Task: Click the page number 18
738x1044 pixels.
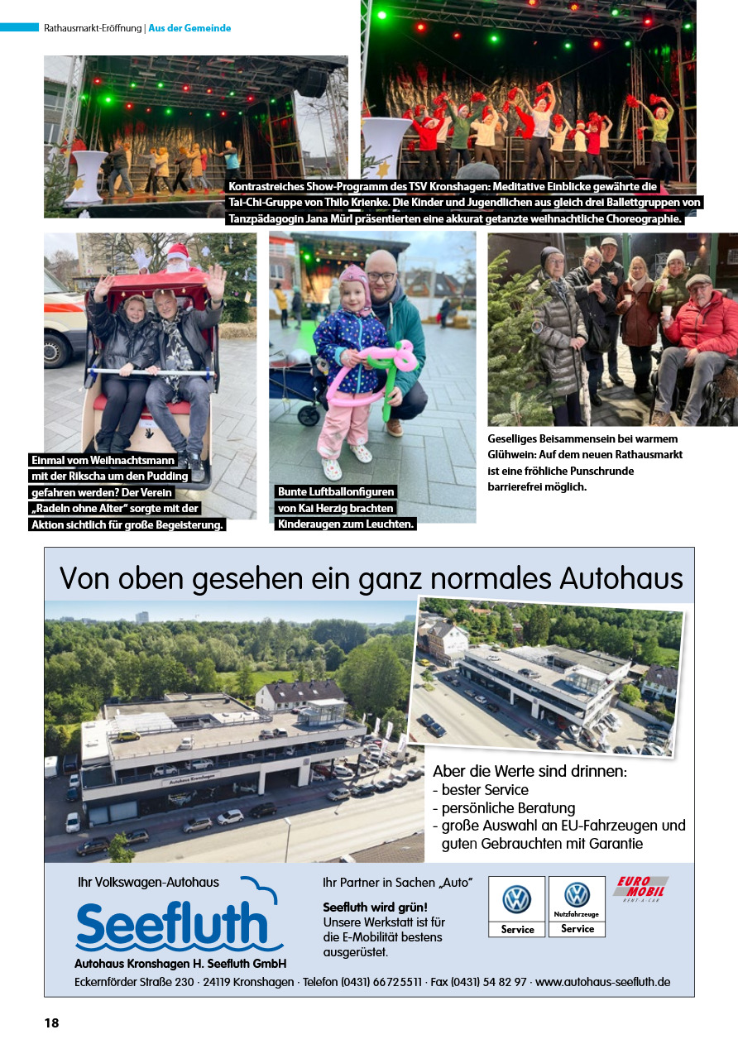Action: click(51, 1023)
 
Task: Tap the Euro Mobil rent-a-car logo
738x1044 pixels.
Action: click(640, 888)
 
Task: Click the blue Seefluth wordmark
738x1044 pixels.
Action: click(173, 927)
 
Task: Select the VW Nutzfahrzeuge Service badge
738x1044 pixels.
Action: click(577, 907)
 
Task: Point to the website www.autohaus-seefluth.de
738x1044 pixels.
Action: click(602, 982)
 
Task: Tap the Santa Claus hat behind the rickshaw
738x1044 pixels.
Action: click(177, 251)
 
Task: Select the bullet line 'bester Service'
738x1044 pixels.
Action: click(484, 790)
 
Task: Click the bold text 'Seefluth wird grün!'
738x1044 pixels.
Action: click(375, 907)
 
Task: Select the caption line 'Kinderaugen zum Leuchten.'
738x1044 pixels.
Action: click(345, 524)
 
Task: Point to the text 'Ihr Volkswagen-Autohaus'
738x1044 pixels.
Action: click(148, 882)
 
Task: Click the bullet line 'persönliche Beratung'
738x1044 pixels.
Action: click(508, 807)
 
